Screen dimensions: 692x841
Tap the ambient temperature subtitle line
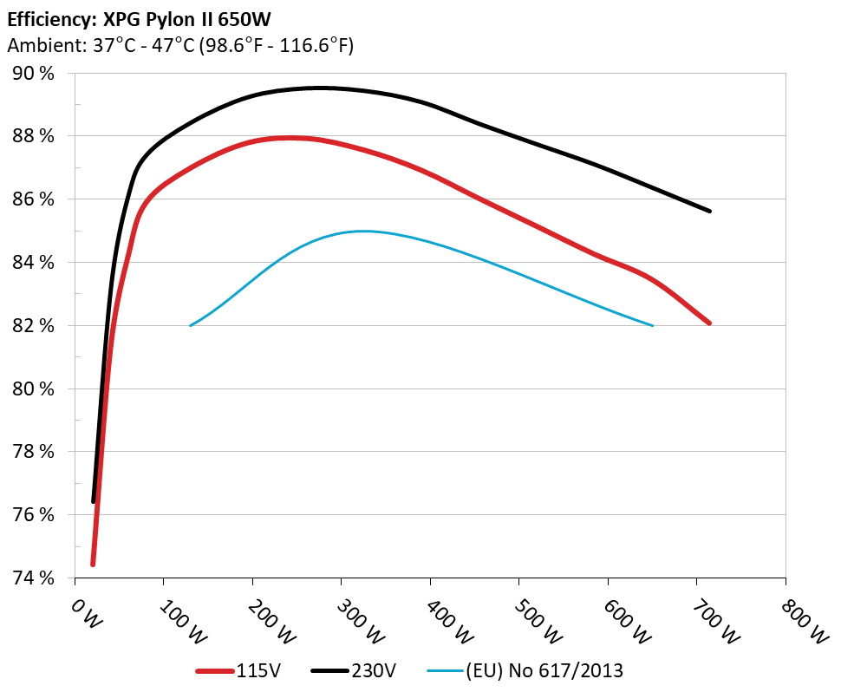(179, 46)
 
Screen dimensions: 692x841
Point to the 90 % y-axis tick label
(33, 73)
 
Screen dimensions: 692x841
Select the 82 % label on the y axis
(33, 325)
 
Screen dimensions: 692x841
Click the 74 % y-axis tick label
(33, 578)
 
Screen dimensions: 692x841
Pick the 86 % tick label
(33, 199)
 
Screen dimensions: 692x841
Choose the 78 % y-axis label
(33, 452)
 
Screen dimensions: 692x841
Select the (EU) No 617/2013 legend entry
(525, 669)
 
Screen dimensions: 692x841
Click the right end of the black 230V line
(710, 211)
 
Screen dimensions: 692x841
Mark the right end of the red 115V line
(709, 323)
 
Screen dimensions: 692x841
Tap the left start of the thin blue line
(191, 325)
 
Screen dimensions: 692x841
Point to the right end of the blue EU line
(652, 325)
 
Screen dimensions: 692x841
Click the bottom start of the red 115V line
(93, 565)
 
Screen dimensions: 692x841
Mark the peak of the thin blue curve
(363, 231)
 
